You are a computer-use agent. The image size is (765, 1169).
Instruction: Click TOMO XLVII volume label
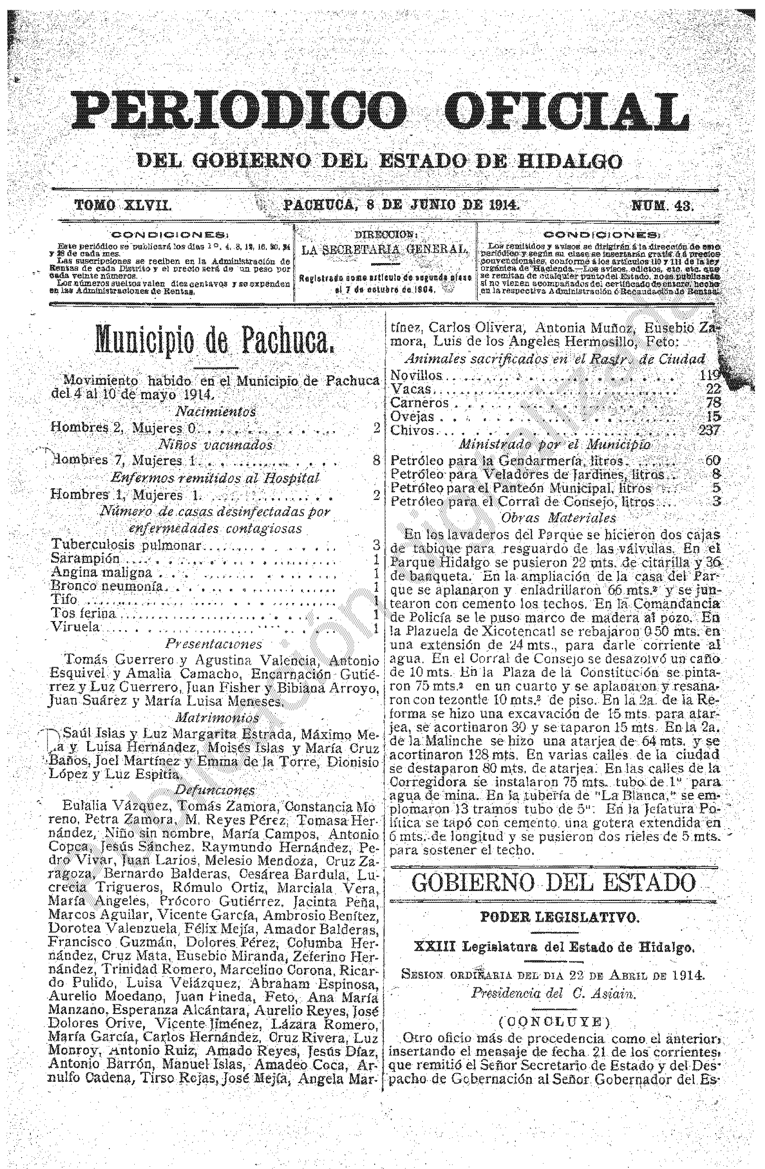pyautogui.click(x=123, y=205)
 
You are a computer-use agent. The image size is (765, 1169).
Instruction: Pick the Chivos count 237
pyautogui.click(x=709, y=431)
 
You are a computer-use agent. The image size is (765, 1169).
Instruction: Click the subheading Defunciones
pyautogui.click(x=215, y=790)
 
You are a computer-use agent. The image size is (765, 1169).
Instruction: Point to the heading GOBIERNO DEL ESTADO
pyautogui.click(x=554, y=883)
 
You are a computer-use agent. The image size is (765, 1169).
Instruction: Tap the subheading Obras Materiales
pyautogui.click(x=557, y=518)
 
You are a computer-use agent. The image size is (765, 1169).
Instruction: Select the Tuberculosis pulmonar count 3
pyautogui.click(x=376, y=545)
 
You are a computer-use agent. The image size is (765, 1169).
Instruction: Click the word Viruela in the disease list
pyautogui.click(x=75, y=627)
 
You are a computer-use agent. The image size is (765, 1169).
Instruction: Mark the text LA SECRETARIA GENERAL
pyautogui.click(x=385, y=250)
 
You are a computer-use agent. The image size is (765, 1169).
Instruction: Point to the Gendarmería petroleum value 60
pyautogui.click(x=712, y=461)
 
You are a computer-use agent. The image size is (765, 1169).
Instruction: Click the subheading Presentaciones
pyautogui.click(x=214, y=643)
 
